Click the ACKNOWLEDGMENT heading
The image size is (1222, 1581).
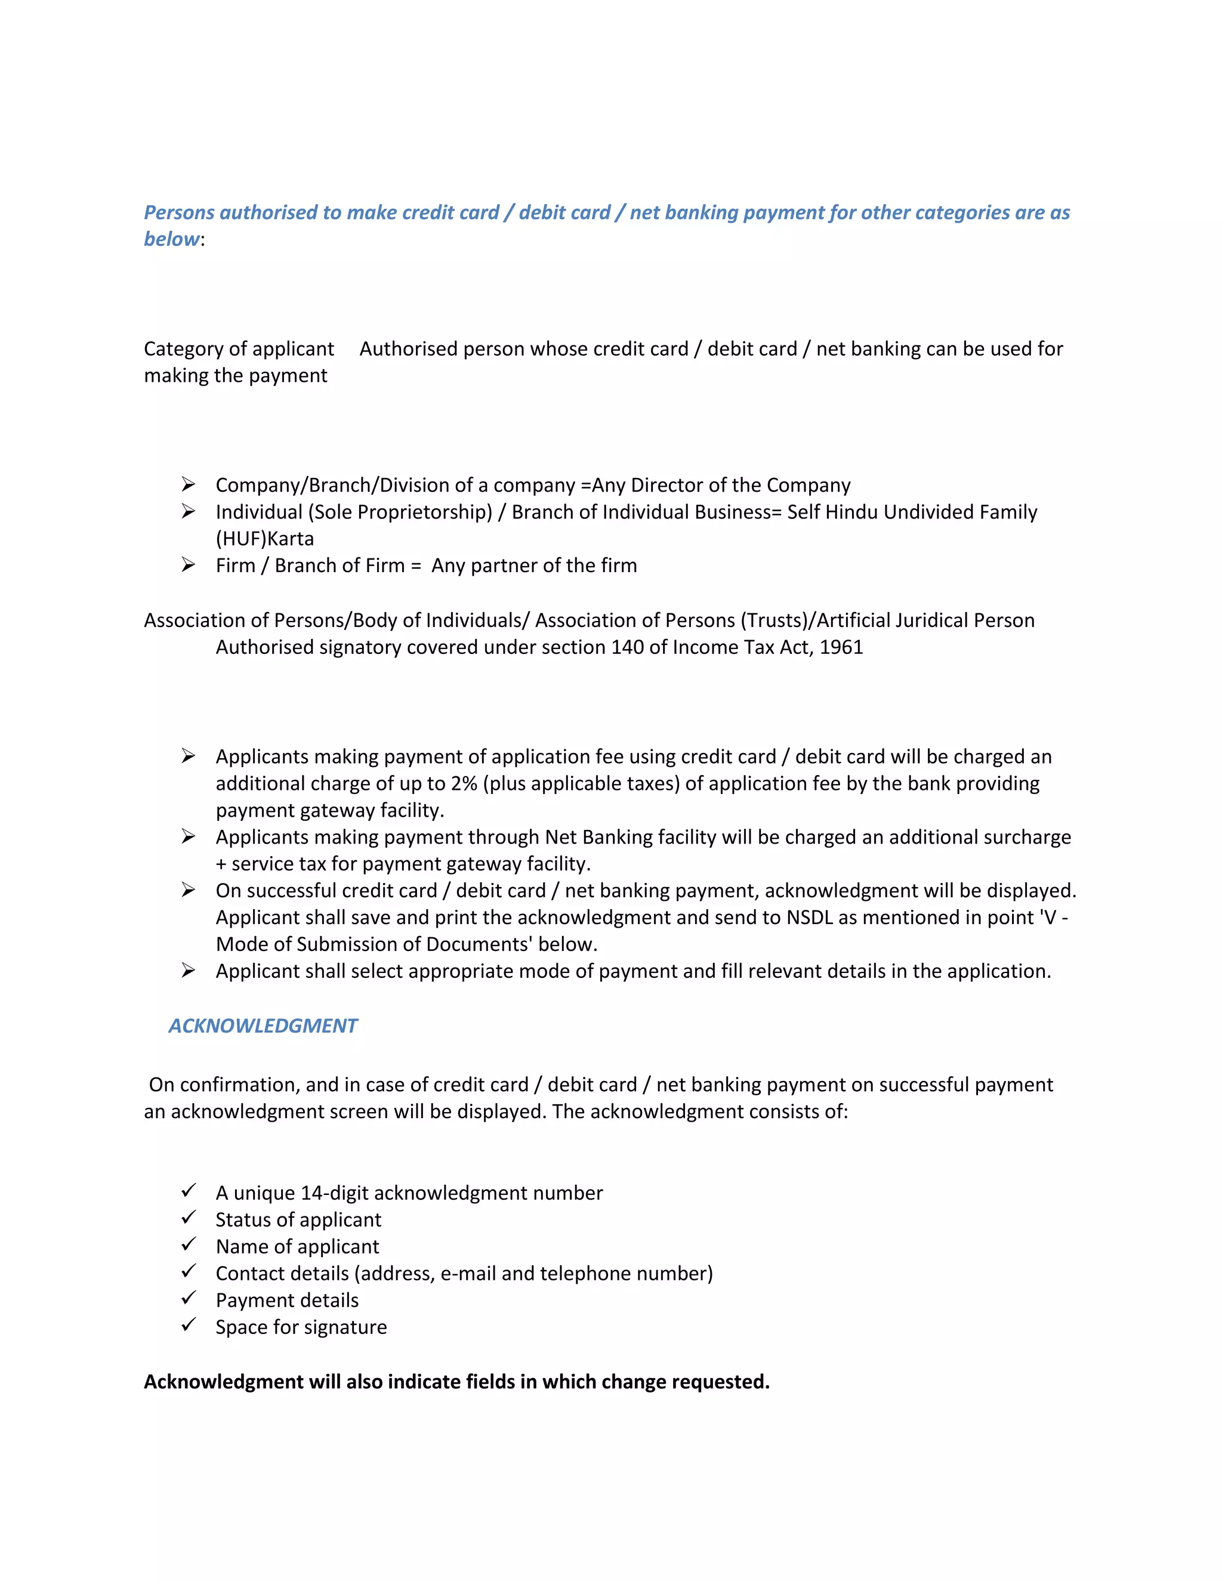coord(263,1026)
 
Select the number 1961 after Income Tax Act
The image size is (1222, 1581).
coord(841,647)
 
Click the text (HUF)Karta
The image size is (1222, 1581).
coord(265,539)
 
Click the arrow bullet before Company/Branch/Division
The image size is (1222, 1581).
coord(188,484)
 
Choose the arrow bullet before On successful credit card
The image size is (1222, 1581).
coord(188,890)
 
